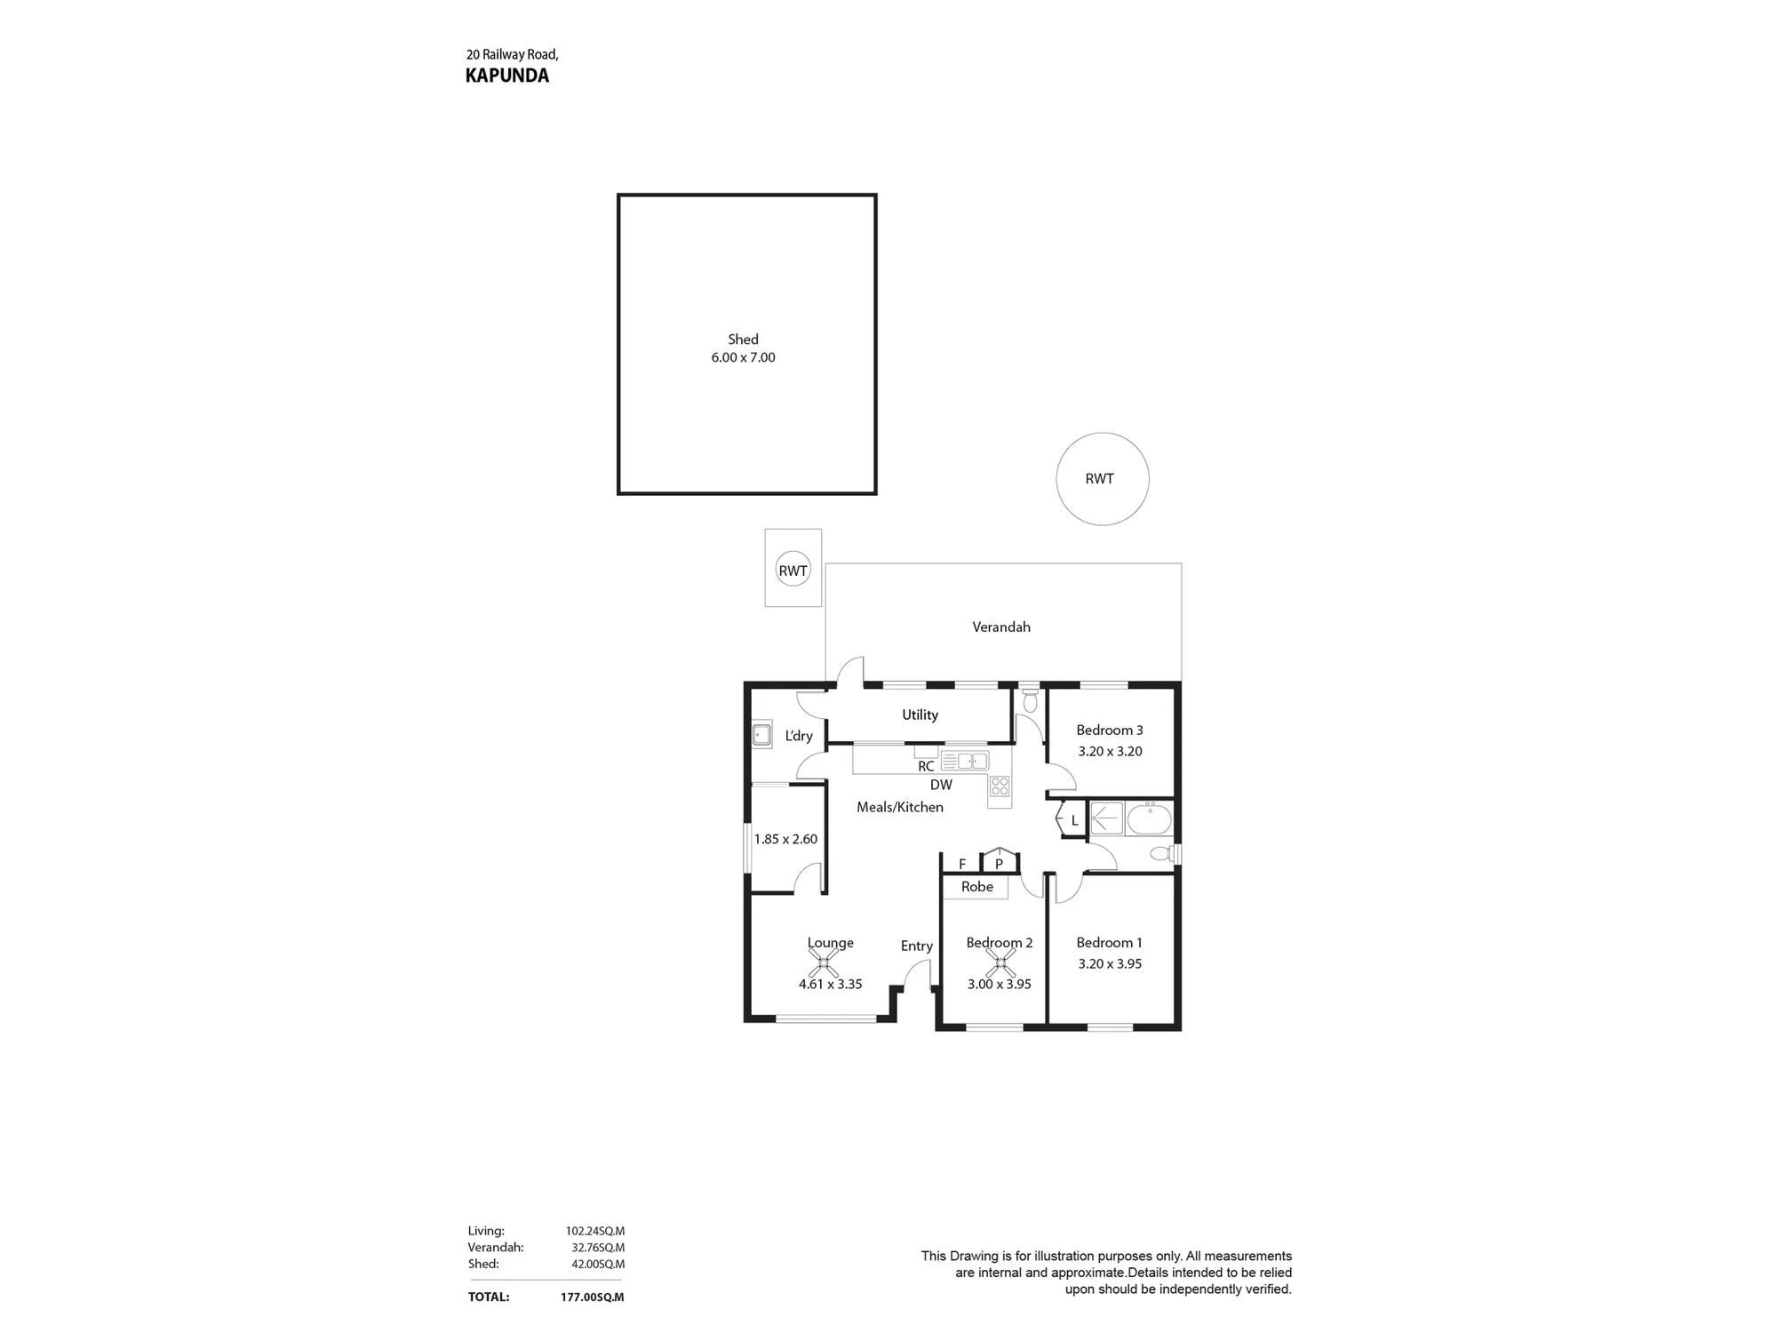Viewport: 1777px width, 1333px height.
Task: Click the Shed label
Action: click(744, 339)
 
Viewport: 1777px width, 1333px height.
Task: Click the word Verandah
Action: click(1001, 627)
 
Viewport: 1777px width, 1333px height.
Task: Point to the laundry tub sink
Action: click(761, 735)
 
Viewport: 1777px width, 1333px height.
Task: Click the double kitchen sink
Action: click(965, 761)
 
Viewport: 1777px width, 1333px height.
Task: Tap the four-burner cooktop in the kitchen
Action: click(1000, 786)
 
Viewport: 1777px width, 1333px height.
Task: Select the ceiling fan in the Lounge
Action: click(824, 962)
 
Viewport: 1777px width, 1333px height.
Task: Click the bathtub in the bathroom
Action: click(1149, 818)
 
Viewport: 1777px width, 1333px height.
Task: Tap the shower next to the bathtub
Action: click(1107, 818)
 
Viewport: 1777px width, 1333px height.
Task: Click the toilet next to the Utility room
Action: click(1030, 699)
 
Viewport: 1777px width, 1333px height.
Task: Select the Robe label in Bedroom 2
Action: click(977, 887)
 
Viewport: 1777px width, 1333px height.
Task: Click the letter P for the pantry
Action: click(999, 864)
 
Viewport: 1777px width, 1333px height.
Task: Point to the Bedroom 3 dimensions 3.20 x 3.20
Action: click(1110, 751)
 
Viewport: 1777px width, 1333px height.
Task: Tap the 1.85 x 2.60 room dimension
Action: click(785, 839)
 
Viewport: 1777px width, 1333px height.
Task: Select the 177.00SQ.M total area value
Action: click(592, 1297)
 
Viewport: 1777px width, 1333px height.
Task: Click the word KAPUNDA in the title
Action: click(507, 76)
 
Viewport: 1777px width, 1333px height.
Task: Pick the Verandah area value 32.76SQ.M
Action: click(598, 1248)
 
